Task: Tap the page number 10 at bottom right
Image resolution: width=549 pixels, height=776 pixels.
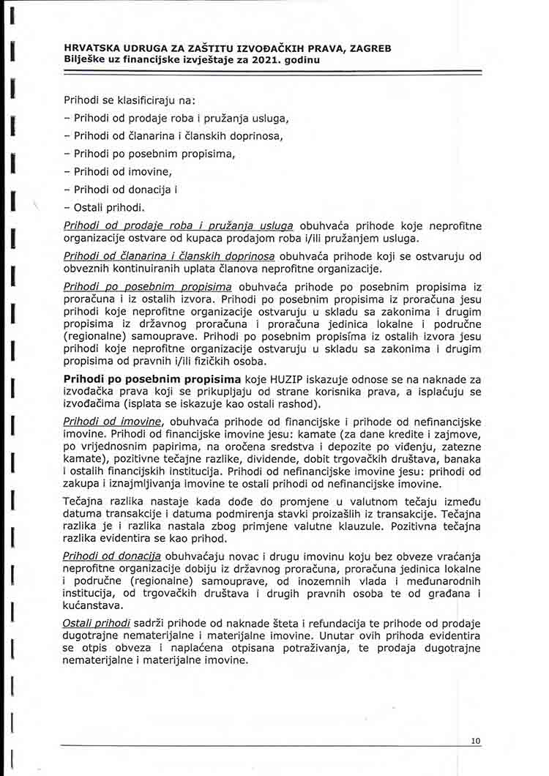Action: (476, 741)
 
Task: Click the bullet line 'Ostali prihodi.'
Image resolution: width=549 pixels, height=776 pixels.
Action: (110, 207)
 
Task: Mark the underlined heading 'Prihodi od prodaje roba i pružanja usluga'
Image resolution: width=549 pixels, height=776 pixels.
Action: (178, 226)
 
